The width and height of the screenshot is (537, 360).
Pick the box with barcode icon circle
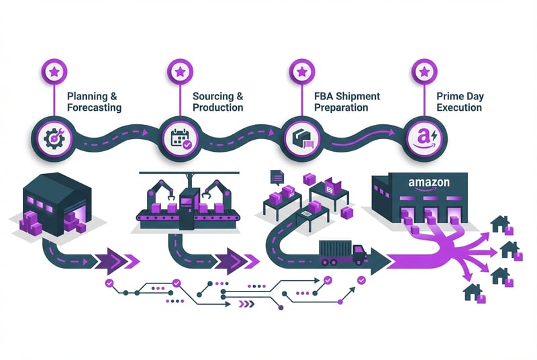pos(300,136)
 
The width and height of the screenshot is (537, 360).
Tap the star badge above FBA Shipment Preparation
pos(300,71)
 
